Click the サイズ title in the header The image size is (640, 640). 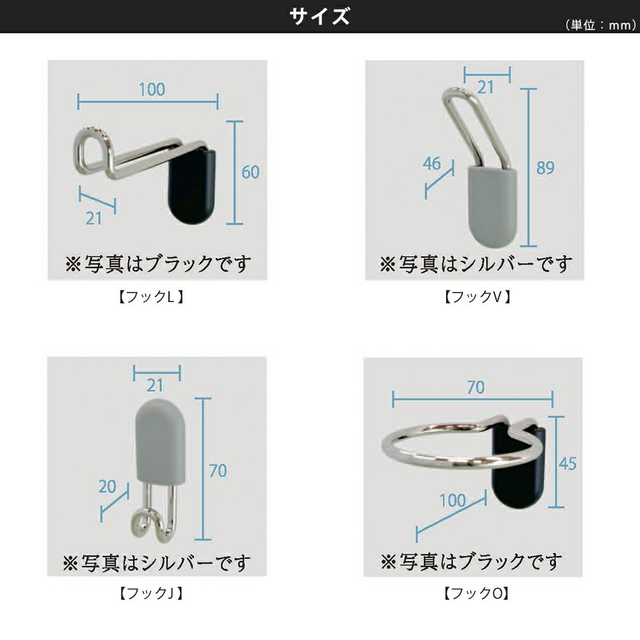point(319,17)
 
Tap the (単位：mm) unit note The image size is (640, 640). point(600,26)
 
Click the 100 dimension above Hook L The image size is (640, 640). point(152,90)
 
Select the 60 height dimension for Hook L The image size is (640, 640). point(250,172)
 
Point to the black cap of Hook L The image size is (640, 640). point(192,186)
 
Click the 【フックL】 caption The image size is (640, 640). point(151,297)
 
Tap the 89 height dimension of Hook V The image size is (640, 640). point(545,168)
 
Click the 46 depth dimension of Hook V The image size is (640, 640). point(432,164)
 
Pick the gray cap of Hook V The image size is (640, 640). point(492,206)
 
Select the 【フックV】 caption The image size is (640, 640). point(477,297)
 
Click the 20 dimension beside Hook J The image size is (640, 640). point(108,486)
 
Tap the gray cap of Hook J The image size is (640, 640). point(161,442)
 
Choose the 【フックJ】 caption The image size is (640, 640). point(151,593)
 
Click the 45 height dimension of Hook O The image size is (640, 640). point(567,463)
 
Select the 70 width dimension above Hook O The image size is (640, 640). point(476,387)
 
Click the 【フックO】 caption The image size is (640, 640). point(477,593)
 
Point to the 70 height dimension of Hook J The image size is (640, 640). point(218,471)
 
